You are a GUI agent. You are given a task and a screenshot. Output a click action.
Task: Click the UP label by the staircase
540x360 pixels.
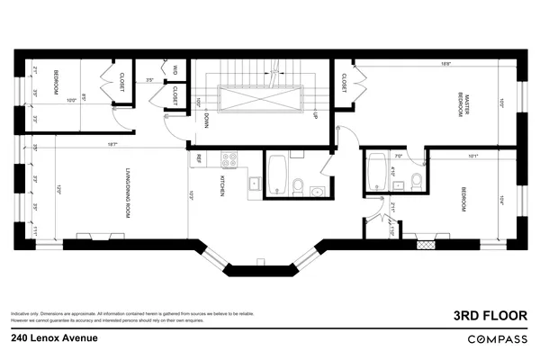(x=315, y=116)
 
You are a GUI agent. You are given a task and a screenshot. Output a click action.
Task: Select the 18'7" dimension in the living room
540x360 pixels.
(x=112, y=144)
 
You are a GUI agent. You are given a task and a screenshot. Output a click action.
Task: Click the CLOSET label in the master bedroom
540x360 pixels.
(x=345, y=84)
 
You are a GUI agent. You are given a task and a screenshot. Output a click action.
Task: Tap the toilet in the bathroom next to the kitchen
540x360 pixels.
(x=298, y=186)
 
